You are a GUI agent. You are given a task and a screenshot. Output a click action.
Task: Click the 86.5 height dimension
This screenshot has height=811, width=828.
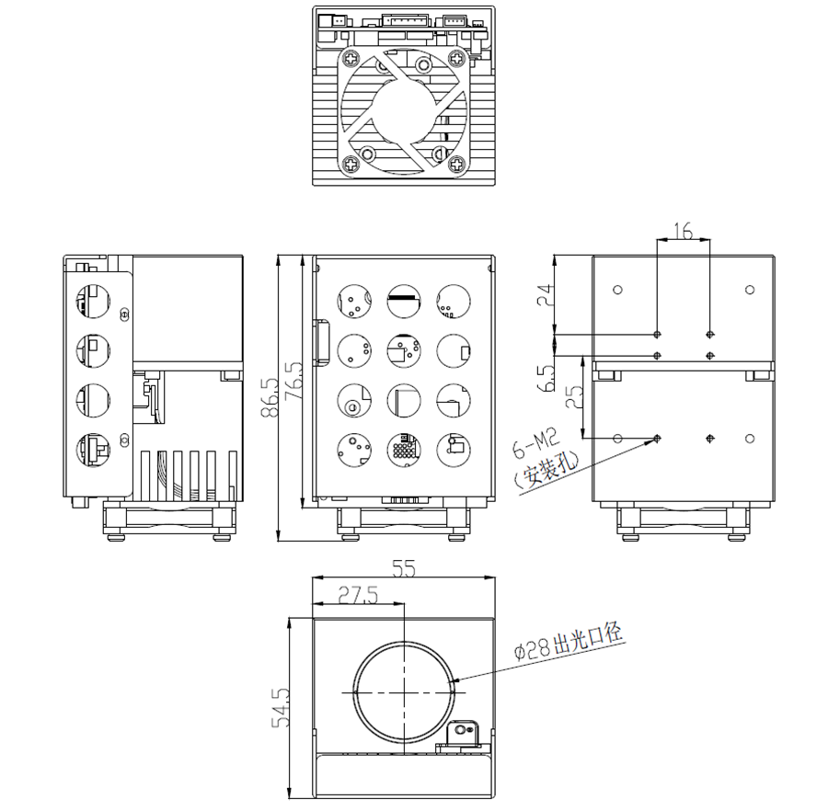(270, 397)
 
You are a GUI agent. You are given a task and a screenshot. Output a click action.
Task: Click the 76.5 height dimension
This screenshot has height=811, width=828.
(294, 381)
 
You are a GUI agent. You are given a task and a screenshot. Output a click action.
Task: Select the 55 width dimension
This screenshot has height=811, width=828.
(404, 568)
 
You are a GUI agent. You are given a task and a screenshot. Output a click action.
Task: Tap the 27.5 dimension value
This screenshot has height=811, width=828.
(359, 595)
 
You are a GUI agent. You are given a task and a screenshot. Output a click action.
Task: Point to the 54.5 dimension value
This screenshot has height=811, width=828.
(281, 708)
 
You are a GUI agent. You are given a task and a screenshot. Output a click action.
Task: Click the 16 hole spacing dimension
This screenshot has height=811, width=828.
(683, 231)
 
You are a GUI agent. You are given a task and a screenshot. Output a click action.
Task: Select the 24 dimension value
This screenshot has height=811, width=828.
(545, 295)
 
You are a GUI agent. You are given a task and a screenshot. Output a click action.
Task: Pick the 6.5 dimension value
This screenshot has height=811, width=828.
(546, 378)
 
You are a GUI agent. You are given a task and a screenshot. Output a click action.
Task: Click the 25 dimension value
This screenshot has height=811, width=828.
(574, 396)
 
